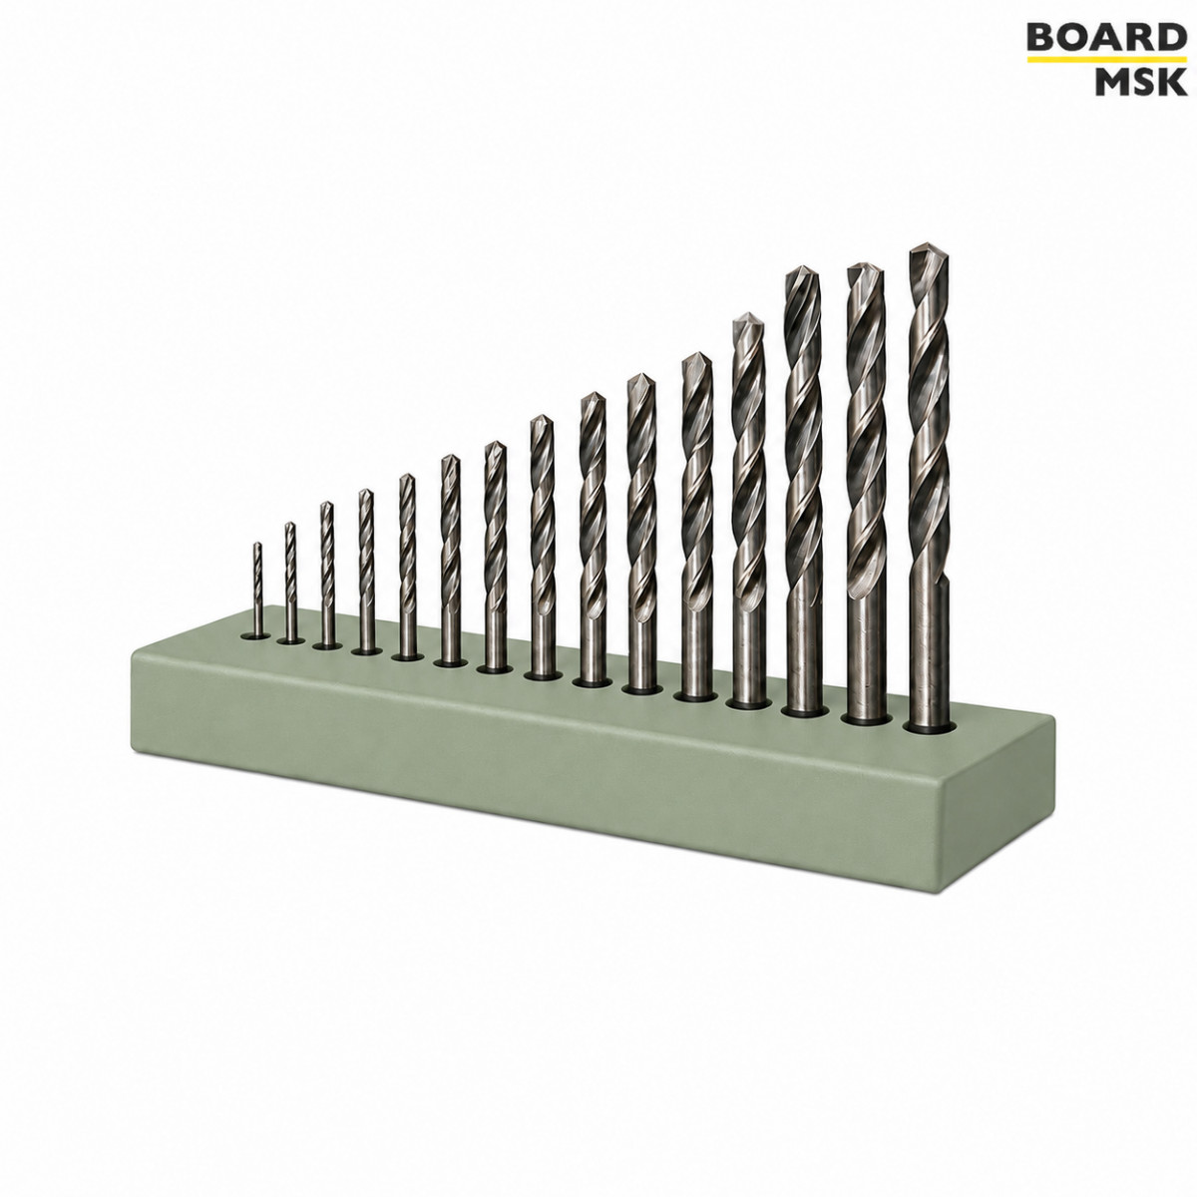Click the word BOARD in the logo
[1105, 38]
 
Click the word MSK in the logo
[1139, 81]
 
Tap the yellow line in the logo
[1105, 60]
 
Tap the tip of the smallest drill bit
[256, 543]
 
